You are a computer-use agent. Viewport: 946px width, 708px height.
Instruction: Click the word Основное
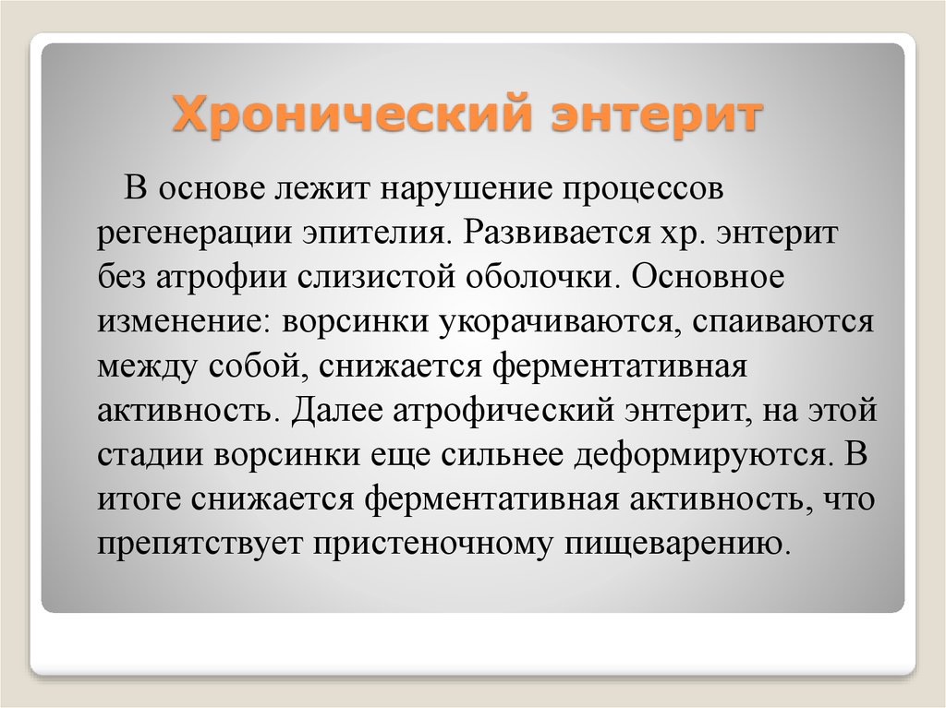(x=709, y=278)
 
